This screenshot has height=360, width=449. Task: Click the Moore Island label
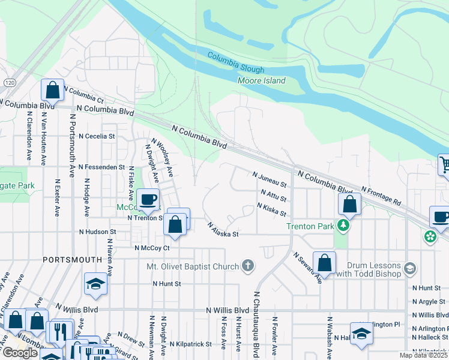[x=262, y=80]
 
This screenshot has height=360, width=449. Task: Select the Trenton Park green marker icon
[x=343, y=226]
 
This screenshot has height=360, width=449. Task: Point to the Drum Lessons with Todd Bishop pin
[x=411, y=268]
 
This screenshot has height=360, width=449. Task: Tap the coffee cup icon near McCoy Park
[x=148, y=199]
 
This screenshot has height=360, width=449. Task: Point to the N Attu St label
[x=274, y=195]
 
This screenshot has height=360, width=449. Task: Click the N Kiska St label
[x=271, y=209]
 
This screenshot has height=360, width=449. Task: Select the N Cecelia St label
[x=91, y=136]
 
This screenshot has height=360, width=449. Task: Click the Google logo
[x=20, y=353]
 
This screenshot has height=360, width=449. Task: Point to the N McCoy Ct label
[x=152, y=247]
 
